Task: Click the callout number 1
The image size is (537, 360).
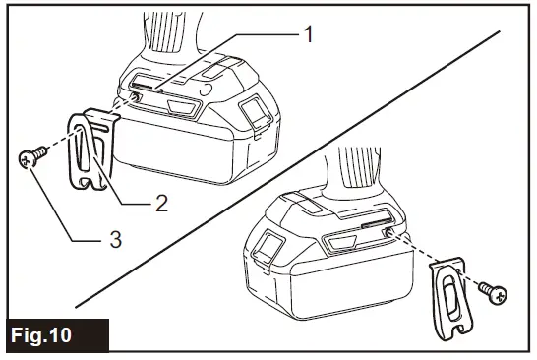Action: tap(307, 33)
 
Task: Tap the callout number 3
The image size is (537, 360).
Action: tap(115, 239)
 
